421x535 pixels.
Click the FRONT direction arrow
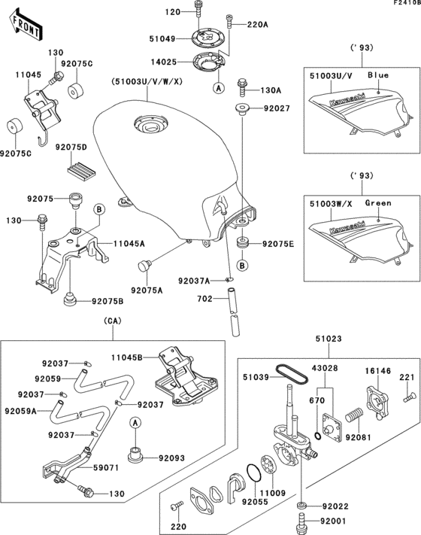point(26,25)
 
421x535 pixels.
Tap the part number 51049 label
point(162,39)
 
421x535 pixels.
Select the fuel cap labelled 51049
point(207,38)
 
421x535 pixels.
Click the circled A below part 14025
point(219,88)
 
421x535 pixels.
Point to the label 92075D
point(71,147)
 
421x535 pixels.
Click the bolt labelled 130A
point(241,87)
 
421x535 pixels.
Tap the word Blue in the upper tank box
point(378,75)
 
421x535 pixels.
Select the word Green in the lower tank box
point(378,203)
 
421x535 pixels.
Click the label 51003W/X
point(331,204)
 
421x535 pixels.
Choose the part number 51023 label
point(329,339)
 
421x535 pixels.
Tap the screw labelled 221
point(409,397)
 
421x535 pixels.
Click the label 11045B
point(127,357)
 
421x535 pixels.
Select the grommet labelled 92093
point(135,454)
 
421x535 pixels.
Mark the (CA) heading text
point(113,321)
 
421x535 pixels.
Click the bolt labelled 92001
point(301,521)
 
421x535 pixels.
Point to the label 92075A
point(147,290)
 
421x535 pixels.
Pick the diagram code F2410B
point(407,3)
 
